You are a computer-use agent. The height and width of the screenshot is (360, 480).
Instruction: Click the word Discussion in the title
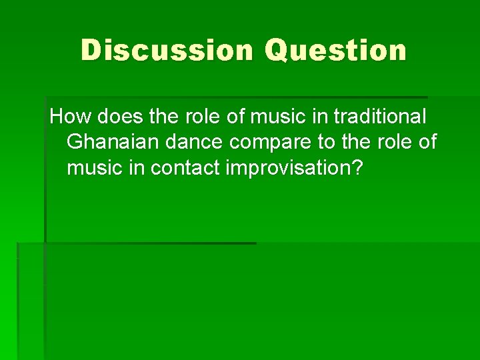(167, 51)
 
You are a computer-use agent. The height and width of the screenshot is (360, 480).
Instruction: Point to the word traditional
(379, 117)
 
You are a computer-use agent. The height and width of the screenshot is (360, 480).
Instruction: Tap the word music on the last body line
(94, 167)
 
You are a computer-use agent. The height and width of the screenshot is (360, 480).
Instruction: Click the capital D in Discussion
(91, 51)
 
